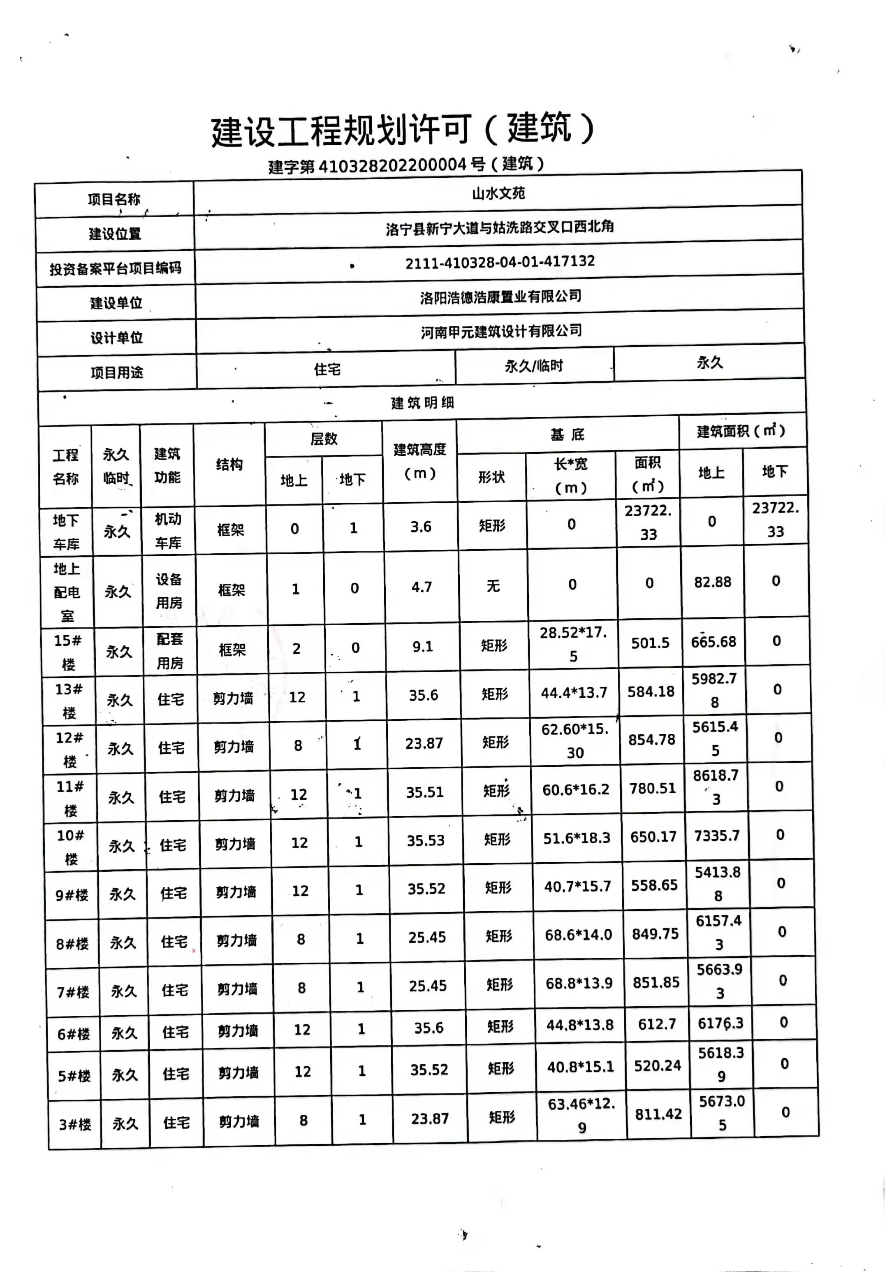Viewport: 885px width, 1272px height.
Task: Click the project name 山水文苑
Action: [x=498, y=193]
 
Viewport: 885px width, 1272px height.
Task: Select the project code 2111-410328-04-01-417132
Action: [x=500, y=262]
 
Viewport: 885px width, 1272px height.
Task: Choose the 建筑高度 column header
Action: [x=420, y=461]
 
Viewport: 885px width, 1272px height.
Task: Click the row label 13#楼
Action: [x=69, y=701]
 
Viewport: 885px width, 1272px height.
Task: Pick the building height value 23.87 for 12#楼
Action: [x=424, y=743]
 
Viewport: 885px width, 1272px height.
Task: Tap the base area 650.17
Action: [x=653, y=837]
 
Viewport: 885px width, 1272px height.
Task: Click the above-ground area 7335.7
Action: [x=717, y=836]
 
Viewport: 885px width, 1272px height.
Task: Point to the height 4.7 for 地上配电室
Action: [x=422, y=587]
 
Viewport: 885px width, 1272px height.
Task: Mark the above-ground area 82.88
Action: [x=712, y=582]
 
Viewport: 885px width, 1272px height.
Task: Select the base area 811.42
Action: [x=658, y=1114]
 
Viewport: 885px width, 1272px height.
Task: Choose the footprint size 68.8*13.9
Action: [x=579, y=983]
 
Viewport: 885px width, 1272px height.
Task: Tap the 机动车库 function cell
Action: [x=168, y=531]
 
